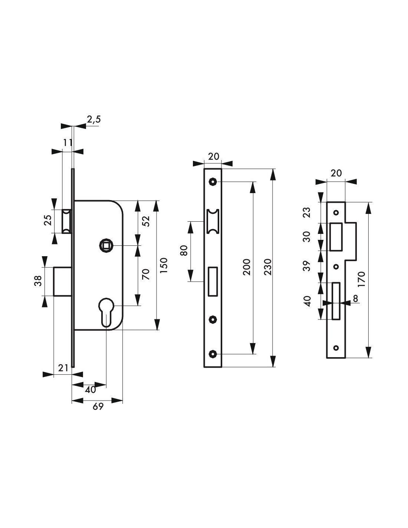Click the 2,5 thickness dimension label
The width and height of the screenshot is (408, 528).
point(94,120)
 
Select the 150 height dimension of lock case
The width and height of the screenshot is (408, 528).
point(164,265)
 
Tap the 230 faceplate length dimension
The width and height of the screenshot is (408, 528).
point(267,267)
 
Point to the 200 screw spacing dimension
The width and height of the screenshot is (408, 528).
point(247,267)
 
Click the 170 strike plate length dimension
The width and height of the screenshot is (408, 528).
point(361,279)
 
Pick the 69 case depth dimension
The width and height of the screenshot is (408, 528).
point(98,406)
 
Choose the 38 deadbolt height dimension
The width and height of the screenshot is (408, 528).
point(38,281)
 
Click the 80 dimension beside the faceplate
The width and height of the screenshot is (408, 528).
point(184,251)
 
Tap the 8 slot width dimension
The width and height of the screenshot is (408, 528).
point(355,299)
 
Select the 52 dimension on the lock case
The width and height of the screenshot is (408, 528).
point(147,221)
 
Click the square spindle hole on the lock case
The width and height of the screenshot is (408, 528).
point(106,246)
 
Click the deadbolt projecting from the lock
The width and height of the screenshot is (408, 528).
point(63,281)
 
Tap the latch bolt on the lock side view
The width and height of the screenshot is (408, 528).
point(67,221)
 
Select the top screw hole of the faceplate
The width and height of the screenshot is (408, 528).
point(213,182)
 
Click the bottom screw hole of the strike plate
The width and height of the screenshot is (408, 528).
point(336,348)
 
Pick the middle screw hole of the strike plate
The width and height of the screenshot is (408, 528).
point(336,267)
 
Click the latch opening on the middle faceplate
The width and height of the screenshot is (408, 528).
point(213,221)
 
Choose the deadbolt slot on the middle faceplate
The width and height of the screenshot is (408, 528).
point(213,281)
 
